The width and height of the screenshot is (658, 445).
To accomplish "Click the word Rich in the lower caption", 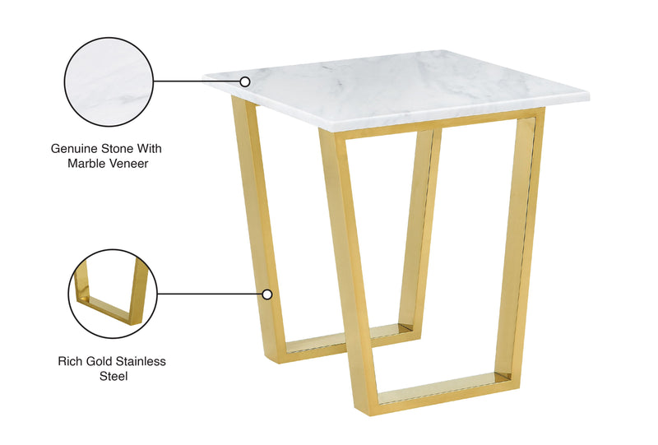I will pos(71,361).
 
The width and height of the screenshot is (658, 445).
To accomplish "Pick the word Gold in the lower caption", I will pos(100,361).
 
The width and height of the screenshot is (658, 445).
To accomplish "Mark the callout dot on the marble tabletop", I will pos(245,81).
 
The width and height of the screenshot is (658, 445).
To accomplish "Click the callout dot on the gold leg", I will pos(266,294).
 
